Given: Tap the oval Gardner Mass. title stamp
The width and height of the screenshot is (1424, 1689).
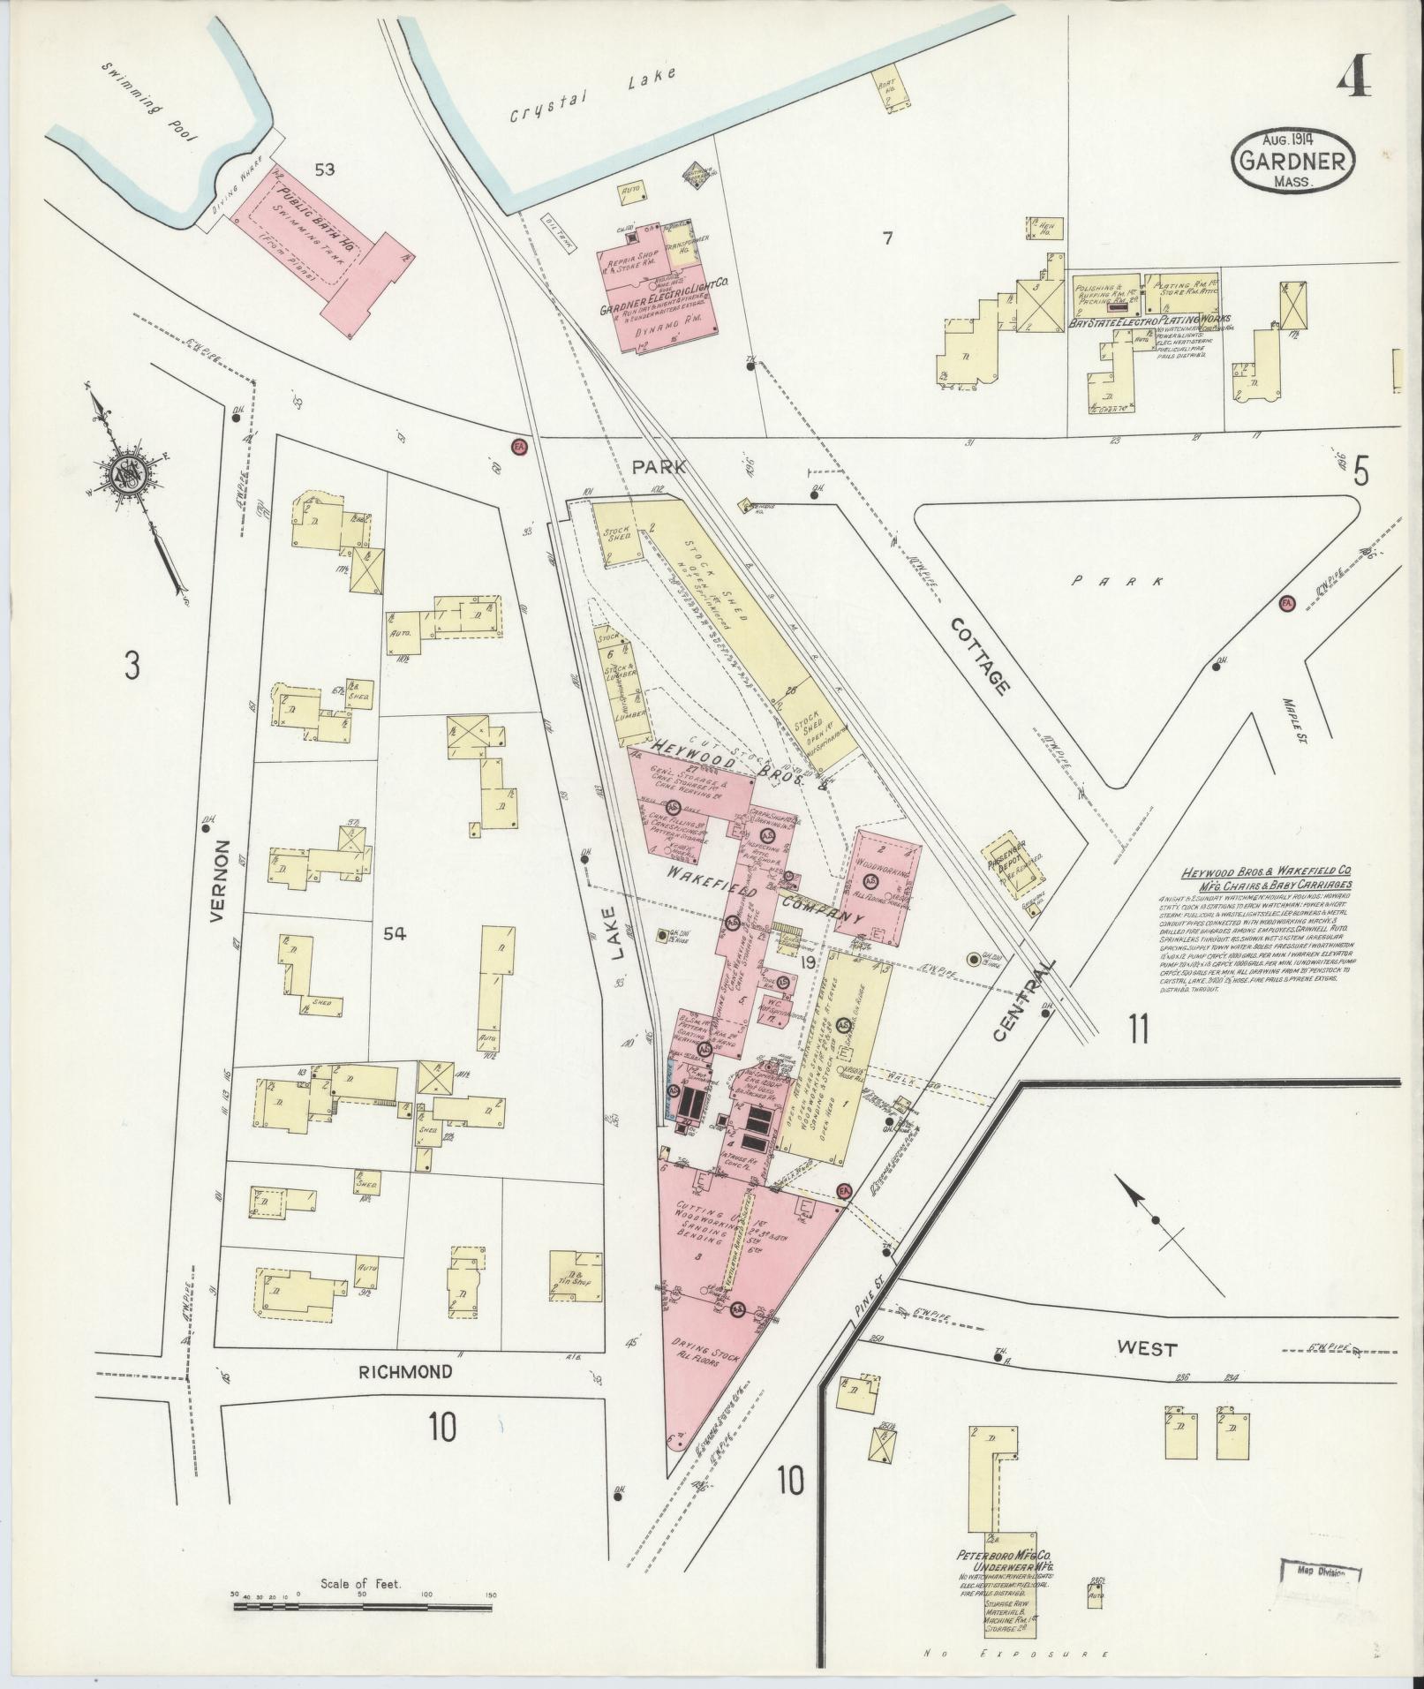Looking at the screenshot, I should (1295, 160).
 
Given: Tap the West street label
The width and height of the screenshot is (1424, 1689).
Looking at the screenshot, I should (1147, 1374).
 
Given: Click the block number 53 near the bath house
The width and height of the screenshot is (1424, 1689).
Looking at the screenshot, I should (324, 169).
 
